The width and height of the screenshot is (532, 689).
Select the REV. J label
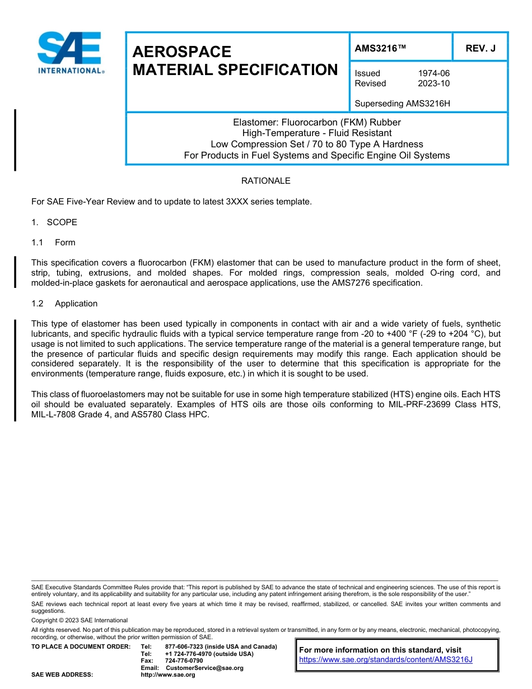point(480,49)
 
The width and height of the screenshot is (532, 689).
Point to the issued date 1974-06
point(433,73)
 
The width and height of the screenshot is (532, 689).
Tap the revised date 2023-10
point(433,83)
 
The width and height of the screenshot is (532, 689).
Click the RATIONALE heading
point(265,181)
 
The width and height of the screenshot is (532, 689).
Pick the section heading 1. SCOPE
point(54,222)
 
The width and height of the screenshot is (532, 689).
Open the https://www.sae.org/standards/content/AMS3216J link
point(386,660)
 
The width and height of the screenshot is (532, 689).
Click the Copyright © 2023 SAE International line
point(80,620)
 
